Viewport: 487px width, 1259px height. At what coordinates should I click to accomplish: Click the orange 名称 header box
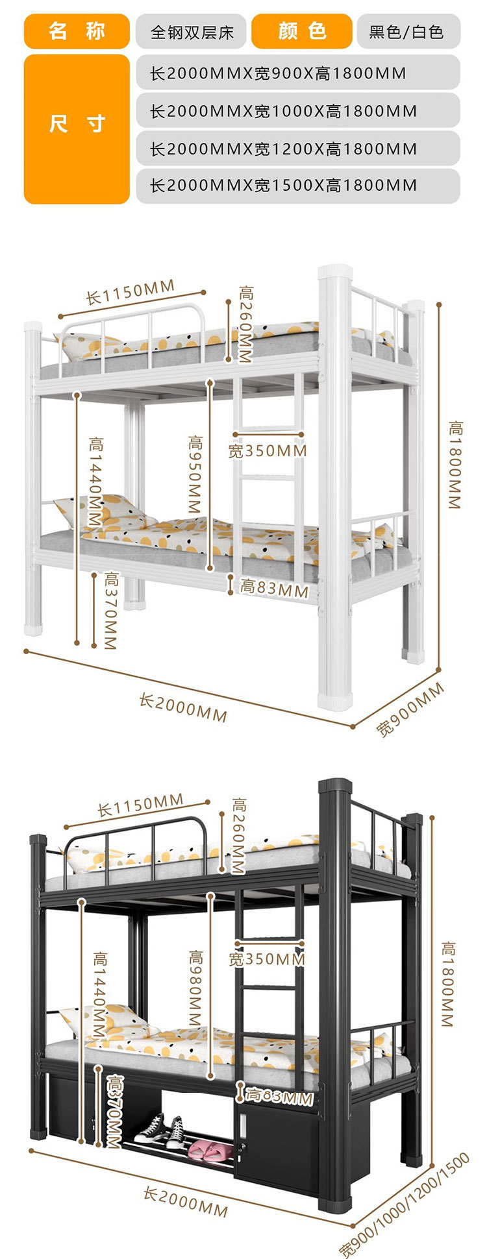77,31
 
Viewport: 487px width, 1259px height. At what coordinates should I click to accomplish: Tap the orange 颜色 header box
301,31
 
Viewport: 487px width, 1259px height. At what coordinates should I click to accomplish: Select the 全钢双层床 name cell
191,32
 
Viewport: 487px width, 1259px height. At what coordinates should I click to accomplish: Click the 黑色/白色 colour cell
408,32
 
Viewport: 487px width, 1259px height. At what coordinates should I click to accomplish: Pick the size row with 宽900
297,73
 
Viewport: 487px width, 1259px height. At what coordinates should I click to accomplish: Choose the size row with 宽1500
297,186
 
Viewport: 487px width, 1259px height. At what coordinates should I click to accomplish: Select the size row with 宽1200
297,149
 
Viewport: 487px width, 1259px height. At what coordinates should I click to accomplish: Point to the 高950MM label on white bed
195,474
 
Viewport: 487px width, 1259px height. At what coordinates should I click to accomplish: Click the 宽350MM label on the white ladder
268,450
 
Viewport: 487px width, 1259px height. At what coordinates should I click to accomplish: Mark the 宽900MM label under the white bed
410,709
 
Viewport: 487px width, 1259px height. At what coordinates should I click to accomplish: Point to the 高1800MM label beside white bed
455,465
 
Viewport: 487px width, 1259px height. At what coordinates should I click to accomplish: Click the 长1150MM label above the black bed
140,805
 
